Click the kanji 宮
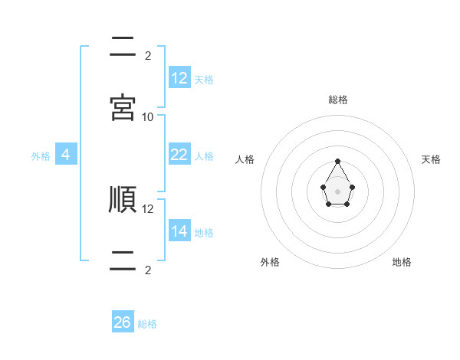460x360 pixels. click(x=123, y=107)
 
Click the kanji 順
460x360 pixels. click(x=123, y=199)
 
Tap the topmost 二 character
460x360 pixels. click(x=123, y=47)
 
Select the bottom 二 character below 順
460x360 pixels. click(x=123, y=260)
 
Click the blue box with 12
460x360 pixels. click(x=179, y=78)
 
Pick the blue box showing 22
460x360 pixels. click(x=179, y=155)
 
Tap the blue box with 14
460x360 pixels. click(x=179, y=231)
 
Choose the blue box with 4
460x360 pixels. click(x=66, y=155)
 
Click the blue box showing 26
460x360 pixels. click(x=123, y=322)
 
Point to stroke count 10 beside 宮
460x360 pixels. click(x=148, y=116)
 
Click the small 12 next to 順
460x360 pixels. click(x=148, y=208)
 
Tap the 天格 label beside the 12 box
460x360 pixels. click(x=204, y=79)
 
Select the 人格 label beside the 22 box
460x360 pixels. click(x=204, y=155)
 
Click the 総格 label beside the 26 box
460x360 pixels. click(x=147, y=324)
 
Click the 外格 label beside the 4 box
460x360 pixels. click(x=41, y=155)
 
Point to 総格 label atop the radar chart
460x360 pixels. click(x=338, y=100)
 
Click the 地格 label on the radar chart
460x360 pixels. click(x=402, y=262)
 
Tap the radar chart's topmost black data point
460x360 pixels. click(x=338, y=161)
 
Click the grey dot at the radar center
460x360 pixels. click(x=338, y=190)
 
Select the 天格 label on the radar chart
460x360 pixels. click(x=432, y=159)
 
